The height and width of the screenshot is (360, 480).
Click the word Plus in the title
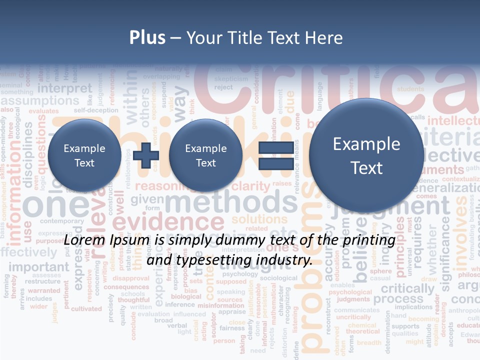(147, 38)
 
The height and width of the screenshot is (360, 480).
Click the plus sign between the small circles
(146, 155)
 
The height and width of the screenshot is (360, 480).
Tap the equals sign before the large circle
(276, 155)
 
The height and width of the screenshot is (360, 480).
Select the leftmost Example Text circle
(84, 155)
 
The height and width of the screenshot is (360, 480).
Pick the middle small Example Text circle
(205, 155)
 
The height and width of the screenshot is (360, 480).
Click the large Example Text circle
(366, 155)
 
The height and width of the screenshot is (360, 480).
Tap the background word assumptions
(40, 101)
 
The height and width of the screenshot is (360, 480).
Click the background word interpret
(65, 88)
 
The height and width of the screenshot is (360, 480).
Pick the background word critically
(407, 288)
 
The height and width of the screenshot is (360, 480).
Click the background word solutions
(259, 219)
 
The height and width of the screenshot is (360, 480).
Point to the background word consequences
(126, 287)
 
